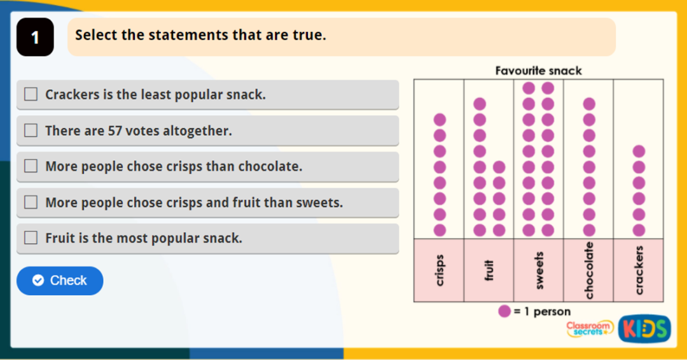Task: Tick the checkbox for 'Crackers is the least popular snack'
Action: (31, 94)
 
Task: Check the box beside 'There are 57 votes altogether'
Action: (31, 130)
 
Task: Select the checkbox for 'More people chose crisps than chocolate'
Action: (31, 166)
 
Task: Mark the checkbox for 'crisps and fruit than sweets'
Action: (31, 202)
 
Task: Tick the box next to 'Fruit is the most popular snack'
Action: (31, 238)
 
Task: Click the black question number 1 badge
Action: (35, 38)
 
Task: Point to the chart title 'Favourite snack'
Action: (539, 71)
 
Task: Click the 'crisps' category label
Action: (440, 270)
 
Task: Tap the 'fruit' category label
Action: (489, 270)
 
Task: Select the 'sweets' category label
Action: (539, 270)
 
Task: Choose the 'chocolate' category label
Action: (589, 270)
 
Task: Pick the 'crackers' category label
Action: (639, 270)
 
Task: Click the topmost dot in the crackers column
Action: (639, 151)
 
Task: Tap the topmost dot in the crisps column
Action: (440, 120)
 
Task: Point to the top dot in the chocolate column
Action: (589, 104)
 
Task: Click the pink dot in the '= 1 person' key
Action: (504, 312)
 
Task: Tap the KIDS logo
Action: (644, 328)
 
